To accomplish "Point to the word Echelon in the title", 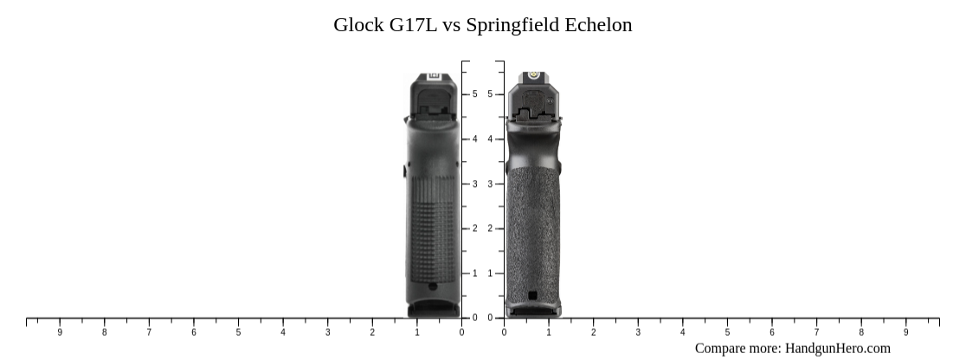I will click(x=598, y=25).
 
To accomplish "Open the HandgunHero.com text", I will click(x=837, y=349).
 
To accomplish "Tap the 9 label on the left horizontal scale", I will click(x=60, y=332).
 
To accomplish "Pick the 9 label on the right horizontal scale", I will click(x=906, y=332).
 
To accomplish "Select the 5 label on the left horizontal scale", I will click(x=238, y=332).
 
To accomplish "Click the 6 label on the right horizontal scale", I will click(x=772, y=332).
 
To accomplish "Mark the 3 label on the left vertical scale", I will click(x=474, y=184).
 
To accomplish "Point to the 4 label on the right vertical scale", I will click(x=490, y=139).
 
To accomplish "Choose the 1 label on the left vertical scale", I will click(x=474, y=273).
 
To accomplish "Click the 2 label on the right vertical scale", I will click(x=490, y=228).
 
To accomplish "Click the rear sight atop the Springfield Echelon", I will click(x=534, y=77).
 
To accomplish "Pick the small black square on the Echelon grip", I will click(x=532, y=296).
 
